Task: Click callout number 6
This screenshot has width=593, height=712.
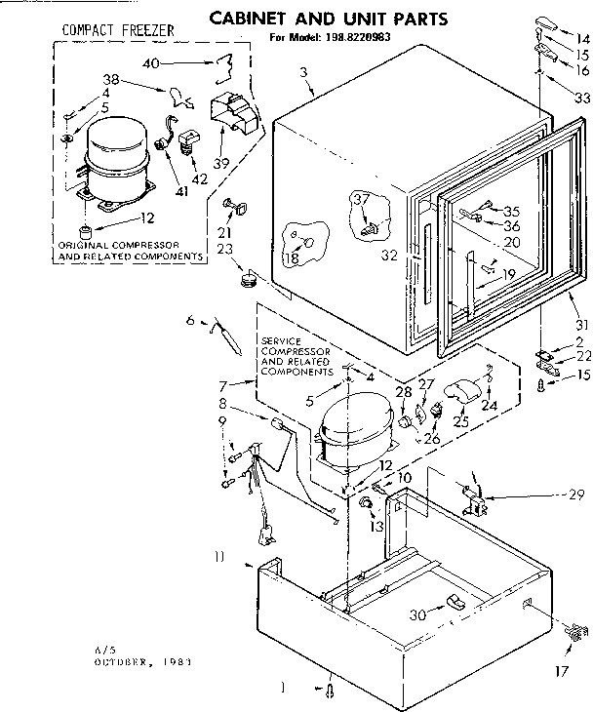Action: point(191,319)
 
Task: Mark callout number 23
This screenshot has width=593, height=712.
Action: point(224,249)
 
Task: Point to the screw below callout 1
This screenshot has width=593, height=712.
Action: point(331,692)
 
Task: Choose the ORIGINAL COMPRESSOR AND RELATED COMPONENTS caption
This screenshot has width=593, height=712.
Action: point(131,251)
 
